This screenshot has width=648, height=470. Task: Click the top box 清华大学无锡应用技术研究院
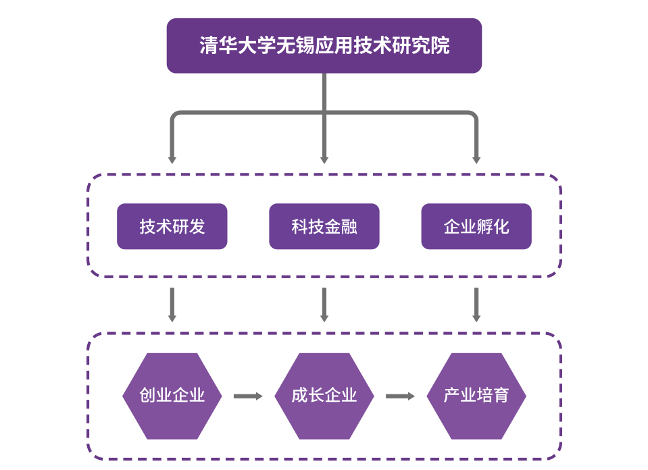(x=324, y=45)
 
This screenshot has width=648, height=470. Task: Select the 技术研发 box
(x=172, y=226)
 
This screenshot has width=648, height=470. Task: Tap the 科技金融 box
(x=324, y=226)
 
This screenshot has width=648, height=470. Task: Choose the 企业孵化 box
(x=476, y=226)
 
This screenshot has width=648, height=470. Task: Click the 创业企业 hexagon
(x=172, y=396)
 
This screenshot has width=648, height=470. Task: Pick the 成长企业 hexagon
(x=324, y=396)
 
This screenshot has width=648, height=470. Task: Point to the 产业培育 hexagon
(x=476, y=396)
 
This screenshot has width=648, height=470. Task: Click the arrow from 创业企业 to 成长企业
(x=248, y=396)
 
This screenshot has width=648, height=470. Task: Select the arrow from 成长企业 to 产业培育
(x=400, y=396)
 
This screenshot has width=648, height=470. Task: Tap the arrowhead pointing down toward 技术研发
(x=172, y=159)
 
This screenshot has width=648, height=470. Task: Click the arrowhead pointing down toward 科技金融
(x=324, y=159)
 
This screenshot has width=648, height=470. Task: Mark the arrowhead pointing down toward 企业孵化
(x=476, y=159)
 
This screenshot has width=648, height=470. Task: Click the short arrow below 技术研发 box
(x=172, y=305)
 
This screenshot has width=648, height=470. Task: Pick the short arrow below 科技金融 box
(x=324, y=305)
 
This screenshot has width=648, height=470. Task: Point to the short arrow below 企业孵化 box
(x=476, y=305)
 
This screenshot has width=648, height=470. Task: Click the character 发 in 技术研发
(x=197, y=227)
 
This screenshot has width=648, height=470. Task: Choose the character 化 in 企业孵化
(x=501, y=227)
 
